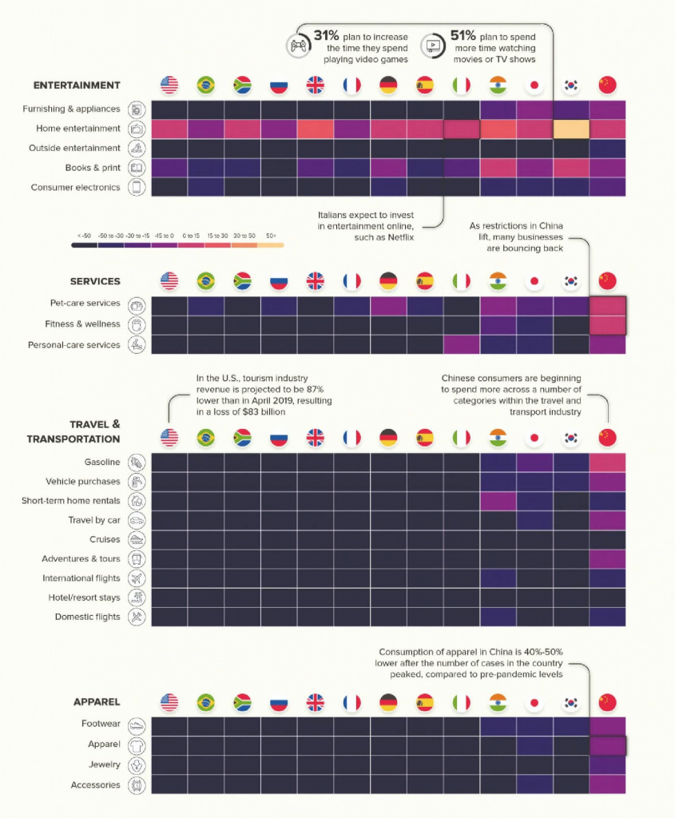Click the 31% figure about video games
point(328,38)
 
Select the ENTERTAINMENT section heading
point(77,85)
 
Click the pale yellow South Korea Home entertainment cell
point(571,129)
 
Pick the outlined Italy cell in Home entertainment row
point(462,129)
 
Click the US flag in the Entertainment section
point(169,85)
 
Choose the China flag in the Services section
point(607,281)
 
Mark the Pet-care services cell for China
point(607,304)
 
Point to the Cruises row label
point(105,539)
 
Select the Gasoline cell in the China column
point(607,463)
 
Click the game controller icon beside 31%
point(296,46)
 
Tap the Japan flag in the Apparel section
point(534,702)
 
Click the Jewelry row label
point(104,765)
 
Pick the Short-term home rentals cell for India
point(498,501)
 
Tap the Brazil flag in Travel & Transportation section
point(206,438)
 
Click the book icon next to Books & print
point(137,168)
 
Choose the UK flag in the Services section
point(316,281)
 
